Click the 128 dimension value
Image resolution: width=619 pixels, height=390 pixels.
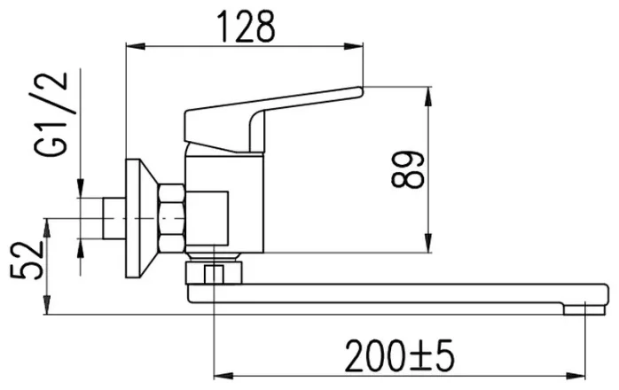pyautogui.click(x=247, y=26)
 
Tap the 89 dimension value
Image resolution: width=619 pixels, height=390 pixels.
pyautogui.click(x=407, y=169)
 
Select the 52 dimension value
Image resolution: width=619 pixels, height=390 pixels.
pyautogui.click(x=27, y=260)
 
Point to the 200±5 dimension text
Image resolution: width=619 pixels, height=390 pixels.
pyautogui.click(x=399, y=356)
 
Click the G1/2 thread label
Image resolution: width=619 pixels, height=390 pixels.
pyautogui.click(x=51, y=114)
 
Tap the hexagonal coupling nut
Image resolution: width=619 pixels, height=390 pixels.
pyautogui.click(x=171, y=218)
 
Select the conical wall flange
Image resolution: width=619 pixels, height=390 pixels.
pyautogui.click(x=142, y=218)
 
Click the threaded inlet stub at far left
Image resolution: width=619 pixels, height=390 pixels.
pyautogui.click(x=114, y=218)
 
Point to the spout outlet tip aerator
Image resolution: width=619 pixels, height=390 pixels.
pyautogui.click(x=584, y=309)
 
